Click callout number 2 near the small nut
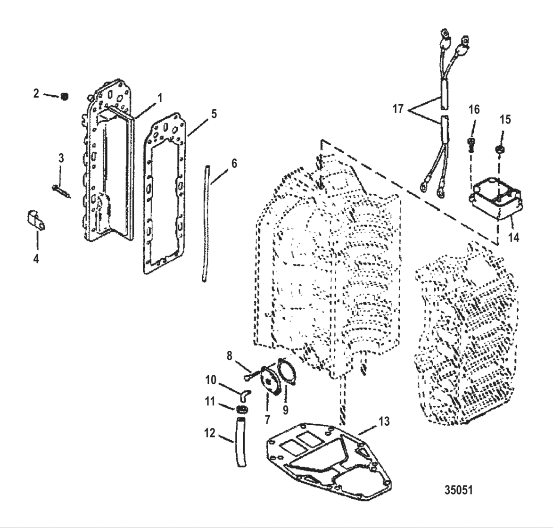[36, 93]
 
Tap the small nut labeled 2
[65, 97]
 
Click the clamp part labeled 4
[35, 222]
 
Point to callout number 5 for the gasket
[214, 115]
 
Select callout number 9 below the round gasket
[285, 410]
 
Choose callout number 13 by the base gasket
[384, 421]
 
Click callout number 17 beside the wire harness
[398, 109]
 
